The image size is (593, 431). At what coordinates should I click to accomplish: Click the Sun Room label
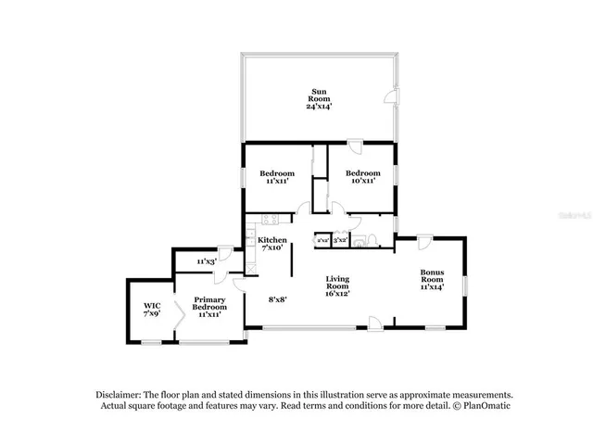(x=319, y=94)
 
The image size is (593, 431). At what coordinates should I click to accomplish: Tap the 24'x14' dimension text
(x=319, y=107)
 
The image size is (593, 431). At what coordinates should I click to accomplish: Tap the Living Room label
(x=337, y=282)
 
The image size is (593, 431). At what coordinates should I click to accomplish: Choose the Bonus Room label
(x=432, y=276)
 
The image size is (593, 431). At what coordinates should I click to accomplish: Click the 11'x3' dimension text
(x=207, y=262)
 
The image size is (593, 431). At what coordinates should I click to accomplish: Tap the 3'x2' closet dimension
(x=340, y=240)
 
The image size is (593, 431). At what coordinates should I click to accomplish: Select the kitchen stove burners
(x=270, y=220)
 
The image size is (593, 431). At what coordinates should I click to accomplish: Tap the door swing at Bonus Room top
(x=423, y=243)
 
